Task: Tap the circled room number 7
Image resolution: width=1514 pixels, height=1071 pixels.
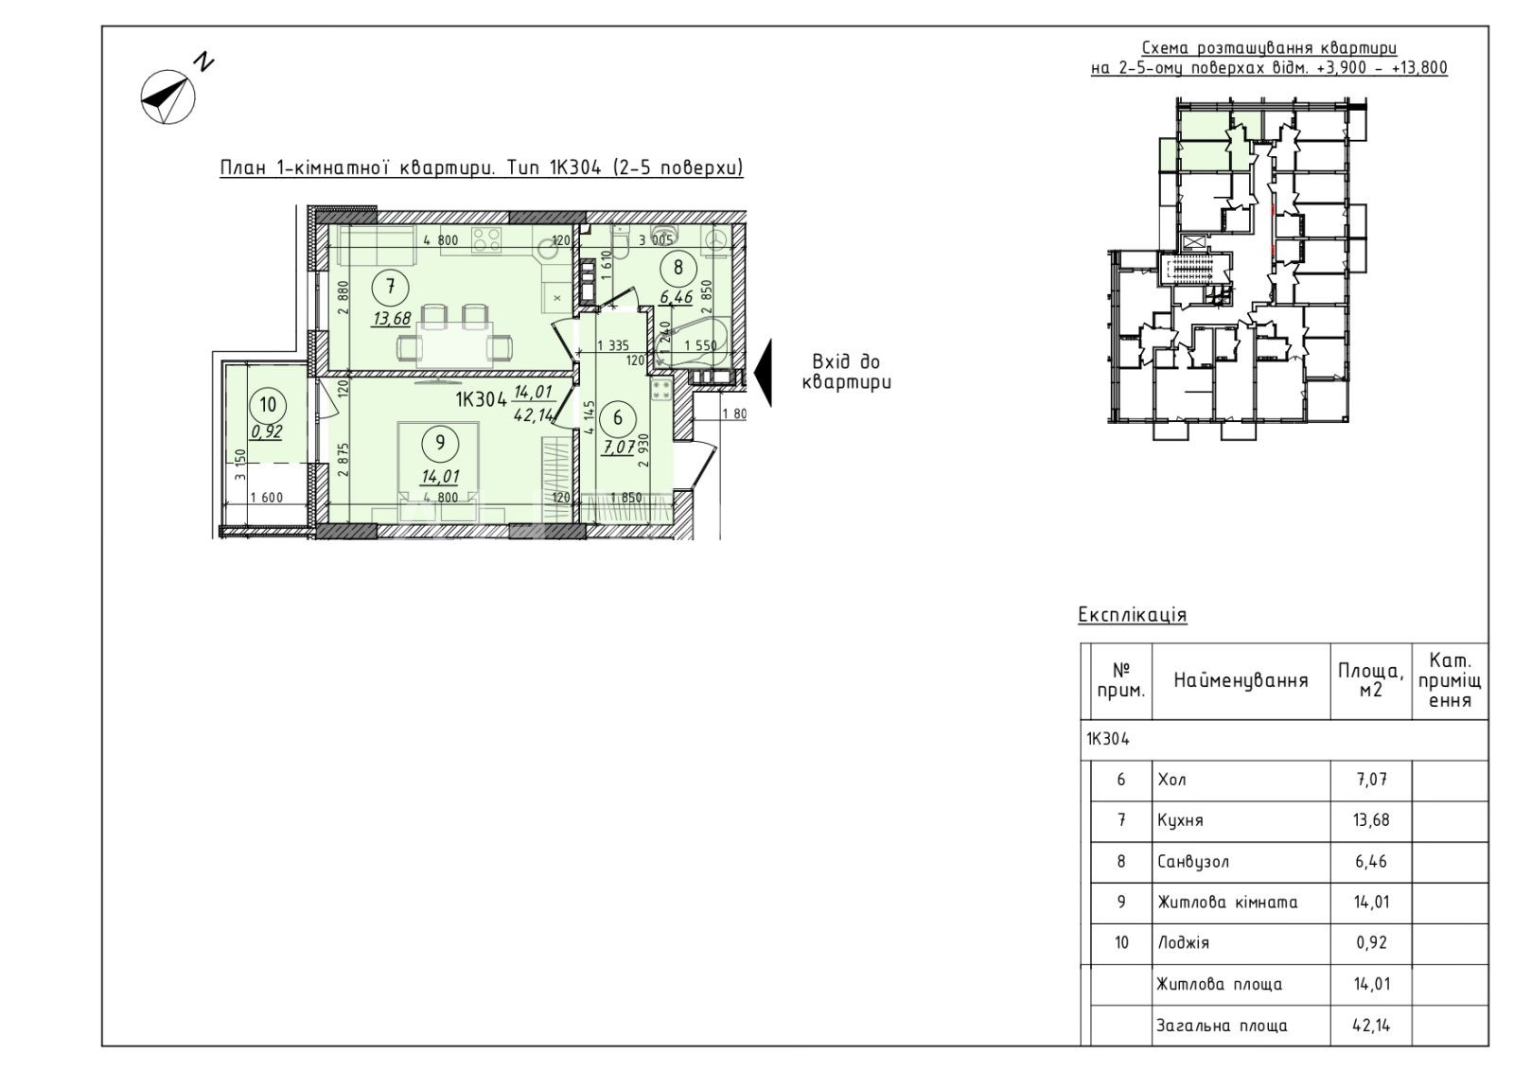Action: tap(390, 288)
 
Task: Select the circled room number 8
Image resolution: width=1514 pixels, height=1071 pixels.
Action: tap(678, 268)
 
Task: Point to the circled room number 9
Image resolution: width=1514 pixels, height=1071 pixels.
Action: tap(440, 444)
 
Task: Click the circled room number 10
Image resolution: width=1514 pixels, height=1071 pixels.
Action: tap(269, 405)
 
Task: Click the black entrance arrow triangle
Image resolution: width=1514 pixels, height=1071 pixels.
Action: tap(763, 373)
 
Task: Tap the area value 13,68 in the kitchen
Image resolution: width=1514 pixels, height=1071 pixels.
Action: tap(390, 319)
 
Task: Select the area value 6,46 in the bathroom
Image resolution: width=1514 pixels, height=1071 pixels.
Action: tap(678, 297)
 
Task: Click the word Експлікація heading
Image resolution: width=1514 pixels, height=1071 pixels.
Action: tap(1132, 615)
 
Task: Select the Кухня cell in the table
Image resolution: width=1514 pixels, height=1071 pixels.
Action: tap(1180, 821)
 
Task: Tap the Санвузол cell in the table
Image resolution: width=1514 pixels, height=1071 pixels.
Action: tap(1193, 862)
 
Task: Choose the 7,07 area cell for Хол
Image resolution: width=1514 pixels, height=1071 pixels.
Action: tap(1371, 780)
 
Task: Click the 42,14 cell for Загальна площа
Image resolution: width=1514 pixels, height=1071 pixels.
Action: tap(1371, 1026)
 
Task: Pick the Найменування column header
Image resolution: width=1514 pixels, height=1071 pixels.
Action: tap(1241, 680)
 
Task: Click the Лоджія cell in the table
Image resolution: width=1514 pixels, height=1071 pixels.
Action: tap(1183, 943)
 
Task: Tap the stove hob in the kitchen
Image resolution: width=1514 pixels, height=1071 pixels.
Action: tap(486, 239)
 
